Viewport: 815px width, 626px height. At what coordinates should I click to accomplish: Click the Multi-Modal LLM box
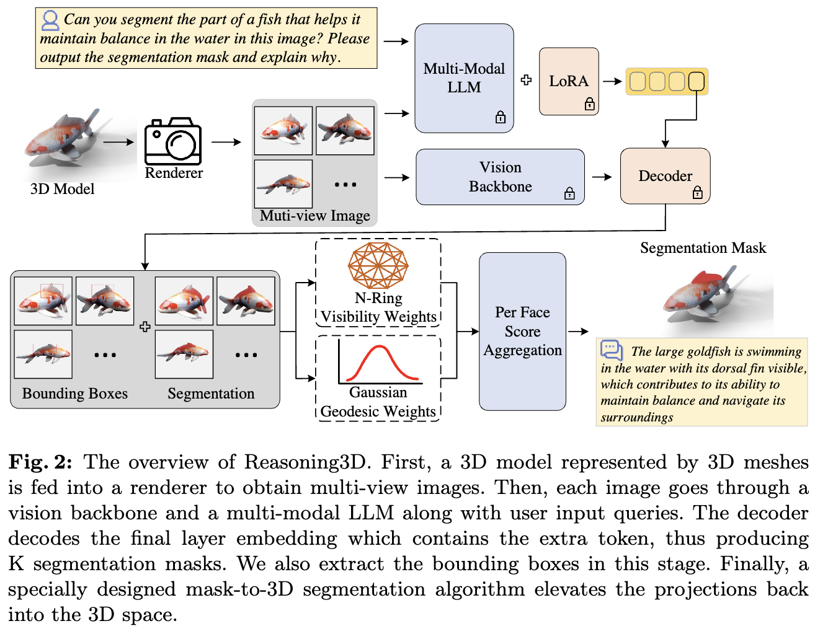tap(464, 78)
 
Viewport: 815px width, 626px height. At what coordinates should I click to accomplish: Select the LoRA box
tap(569, 81)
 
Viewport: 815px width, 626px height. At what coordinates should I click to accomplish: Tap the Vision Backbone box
tap(500, 177)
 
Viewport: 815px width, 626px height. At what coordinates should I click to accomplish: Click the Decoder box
tap(665, 175)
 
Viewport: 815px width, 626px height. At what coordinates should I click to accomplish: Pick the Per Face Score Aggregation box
tap(522, 331)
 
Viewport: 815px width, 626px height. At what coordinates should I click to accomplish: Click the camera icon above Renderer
tap(173, 141)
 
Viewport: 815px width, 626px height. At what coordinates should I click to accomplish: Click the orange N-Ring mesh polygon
tap(378, 265)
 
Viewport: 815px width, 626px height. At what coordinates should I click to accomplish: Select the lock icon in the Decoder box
tap(697, 193)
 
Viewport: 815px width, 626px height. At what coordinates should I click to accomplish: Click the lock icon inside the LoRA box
tap(589, 104)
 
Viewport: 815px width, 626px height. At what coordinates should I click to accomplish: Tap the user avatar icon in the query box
tap(50, 20)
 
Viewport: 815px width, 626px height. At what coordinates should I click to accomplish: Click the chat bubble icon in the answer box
tap(612, 350)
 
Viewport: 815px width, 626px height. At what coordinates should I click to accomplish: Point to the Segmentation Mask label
tap(703, 248)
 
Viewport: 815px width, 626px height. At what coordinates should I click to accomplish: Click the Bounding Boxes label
tap(75, 394)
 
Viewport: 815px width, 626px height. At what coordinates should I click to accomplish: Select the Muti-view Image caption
tap(314, 216)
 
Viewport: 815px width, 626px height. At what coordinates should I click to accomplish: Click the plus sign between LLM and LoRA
tap(526, 80)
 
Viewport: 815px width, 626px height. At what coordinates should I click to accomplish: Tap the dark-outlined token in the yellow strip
tap(697, 81)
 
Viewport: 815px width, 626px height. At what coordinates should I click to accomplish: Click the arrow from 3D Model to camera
tap(118, 142)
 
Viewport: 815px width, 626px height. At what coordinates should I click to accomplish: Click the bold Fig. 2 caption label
tap(40, 462)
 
